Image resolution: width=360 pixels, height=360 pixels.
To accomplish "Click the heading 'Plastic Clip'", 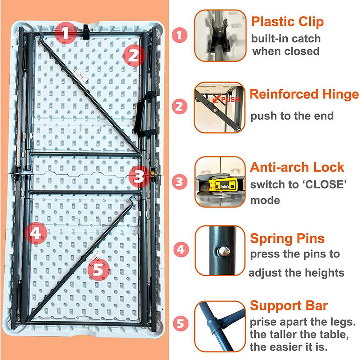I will click(287, 22).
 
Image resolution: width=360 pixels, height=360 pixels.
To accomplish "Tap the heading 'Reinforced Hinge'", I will click(304, 94).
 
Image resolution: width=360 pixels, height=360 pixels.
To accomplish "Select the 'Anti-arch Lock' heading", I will click(297, 167).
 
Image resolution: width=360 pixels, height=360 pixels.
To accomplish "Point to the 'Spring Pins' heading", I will click(287, 238).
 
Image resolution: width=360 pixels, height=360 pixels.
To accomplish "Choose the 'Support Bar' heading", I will click(289, 306).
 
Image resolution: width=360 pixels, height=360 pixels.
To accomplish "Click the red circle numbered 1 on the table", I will click(65, 33).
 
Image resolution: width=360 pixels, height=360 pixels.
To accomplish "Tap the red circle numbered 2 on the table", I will click(133, 55).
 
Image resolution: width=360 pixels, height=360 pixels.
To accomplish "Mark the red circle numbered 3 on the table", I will click(139, 177).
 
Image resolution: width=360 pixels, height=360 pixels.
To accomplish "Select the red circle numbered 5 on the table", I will click(98, 269).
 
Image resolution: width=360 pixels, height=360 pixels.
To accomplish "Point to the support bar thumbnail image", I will click(220, 326).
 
